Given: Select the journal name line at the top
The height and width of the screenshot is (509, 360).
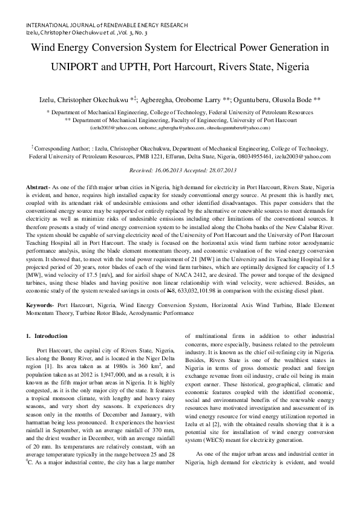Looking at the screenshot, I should [x=106, y=25].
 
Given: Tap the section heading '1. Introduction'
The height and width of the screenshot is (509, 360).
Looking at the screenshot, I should [x=51, y=336].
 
